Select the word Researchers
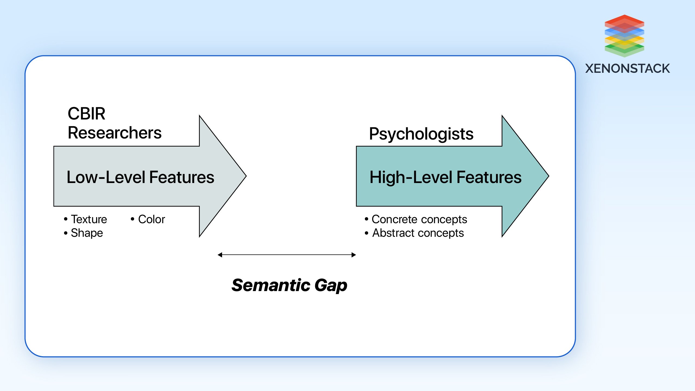click(x=115, y=133)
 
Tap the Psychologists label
click(x=421, y=134)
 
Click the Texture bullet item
click(x=89, y=219)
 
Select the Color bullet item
click(x=151, y=219)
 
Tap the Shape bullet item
click(x=87, y=233)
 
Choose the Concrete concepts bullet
click(x=419, y=219)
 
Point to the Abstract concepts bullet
click(x=418, y=233)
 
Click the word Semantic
click(x=271, y=285)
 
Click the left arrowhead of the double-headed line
click(x=220, y=255)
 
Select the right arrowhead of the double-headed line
click(x=354, y=255)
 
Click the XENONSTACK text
click(x=627, y=68)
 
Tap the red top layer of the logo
click(x=624, y=20)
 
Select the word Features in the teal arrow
click(x=489, y=177)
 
